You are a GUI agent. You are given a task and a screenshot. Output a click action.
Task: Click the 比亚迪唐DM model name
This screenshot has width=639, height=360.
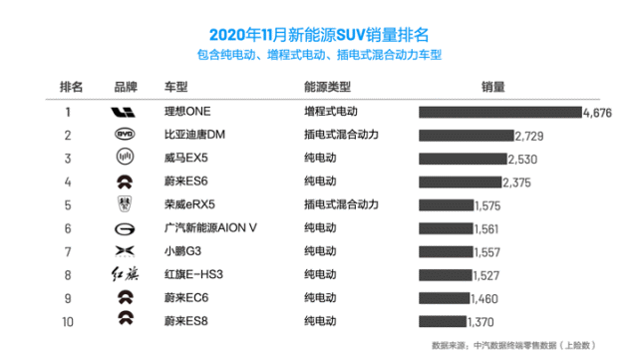tap(195, 135)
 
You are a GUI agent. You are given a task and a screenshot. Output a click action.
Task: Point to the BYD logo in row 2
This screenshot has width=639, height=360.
tap(122, 135)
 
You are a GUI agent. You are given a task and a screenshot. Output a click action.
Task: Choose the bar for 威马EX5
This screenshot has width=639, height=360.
tap(463, 159)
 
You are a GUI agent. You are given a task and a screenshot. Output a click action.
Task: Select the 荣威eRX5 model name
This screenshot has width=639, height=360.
tap(191, 204)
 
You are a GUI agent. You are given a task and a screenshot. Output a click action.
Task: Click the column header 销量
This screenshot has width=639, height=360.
tap(493, 86)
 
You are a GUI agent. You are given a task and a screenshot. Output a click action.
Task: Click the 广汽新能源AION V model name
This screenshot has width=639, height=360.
tap(210, 227)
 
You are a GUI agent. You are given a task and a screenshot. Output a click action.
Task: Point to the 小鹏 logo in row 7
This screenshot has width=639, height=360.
tap(122, 251)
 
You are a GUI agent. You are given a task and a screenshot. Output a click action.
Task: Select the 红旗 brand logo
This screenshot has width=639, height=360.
tap(122, 274)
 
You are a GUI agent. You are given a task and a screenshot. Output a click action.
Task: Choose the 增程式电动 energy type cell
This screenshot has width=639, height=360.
tap(330, 112)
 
